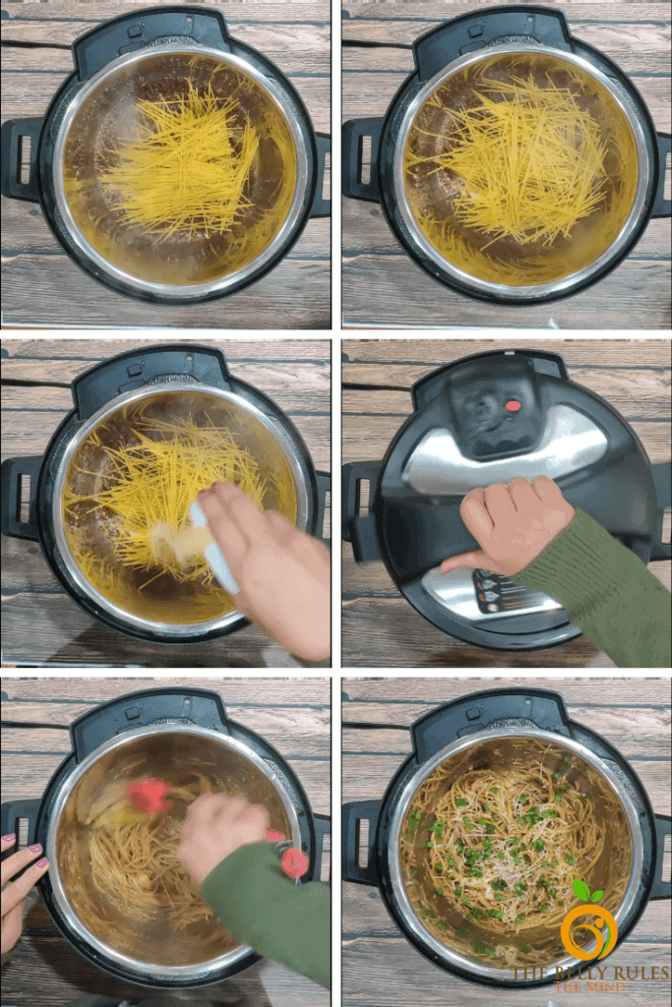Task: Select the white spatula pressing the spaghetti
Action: (x=213, y=547)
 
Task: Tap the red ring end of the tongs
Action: (x=294, y=862)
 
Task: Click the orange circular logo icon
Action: (x=588, y=930)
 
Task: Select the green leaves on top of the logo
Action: (x=587, y=891)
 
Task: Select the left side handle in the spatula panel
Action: (x=22, y=498)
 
